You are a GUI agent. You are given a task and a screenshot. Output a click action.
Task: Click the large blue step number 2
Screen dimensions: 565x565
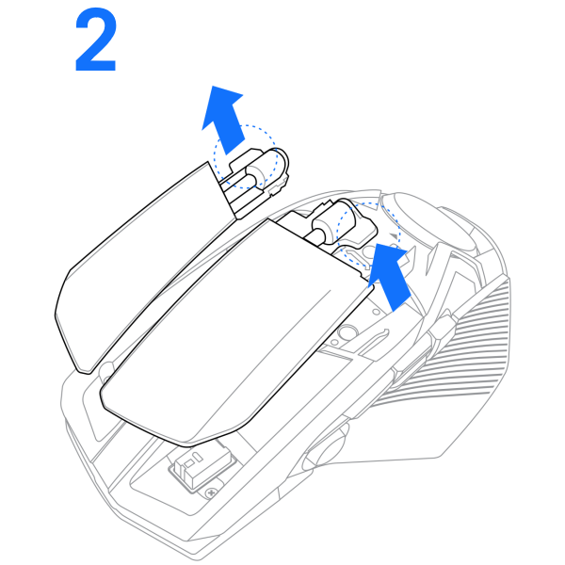tap(96, 40)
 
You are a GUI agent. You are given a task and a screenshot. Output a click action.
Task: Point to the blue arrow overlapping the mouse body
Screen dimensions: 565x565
tap(389, 276)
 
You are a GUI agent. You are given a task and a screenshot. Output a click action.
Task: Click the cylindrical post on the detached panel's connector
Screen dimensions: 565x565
tap(256, 173)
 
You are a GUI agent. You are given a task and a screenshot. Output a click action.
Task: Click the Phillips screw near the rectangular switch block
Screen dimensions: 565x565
tap(212, 492)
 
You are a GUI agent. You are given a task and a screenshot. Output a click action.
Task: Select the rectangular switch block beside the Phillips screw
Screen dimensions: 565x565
tap(202, 467)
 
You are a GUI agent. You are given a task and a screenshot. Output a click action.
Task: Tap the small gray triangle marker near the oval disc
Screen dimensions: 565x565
tap(395, 236)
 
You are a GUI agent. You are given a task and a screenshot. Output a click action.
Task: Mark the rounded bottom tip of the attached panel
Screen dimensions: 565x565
tap(187, 444)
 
